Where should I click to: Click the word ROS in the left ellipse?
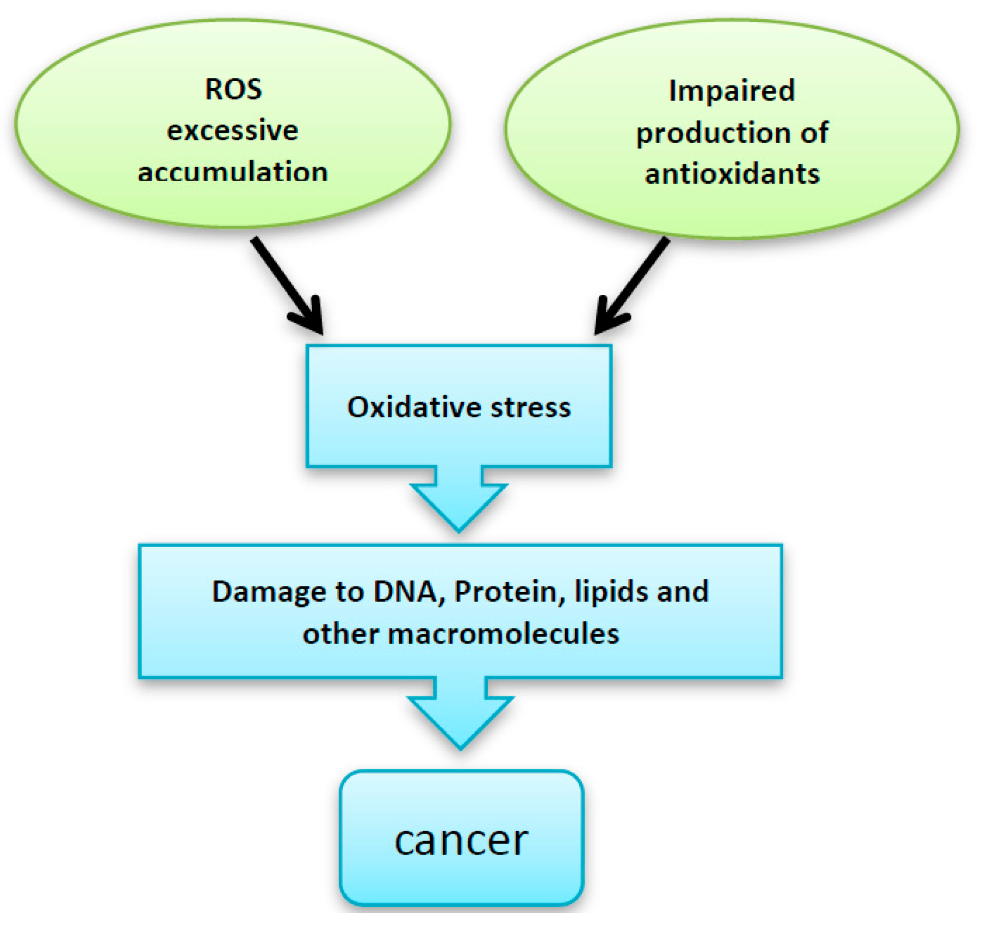pyautogui.click(x=233, y=89)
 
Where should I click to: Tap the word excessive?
pyautogui.click(x=232, y=131)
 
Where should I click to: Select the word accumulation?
pyautogui.click(x=232, y=172)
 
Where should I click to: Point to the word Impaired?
pyautogui.click(x=732, y=91)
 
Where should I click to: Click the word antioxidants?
pyautogui.click(x=732, y=174)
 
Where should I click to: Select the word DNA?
pyautogui.click(x=406, y=591)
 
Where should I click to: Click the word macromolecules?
pyautogui.click(x=503, y=634)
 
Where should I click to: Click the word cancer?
pyautogui.click(x=461, y=841)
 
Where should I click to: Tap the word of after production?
pyautogui.click(x=814, y=133)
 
